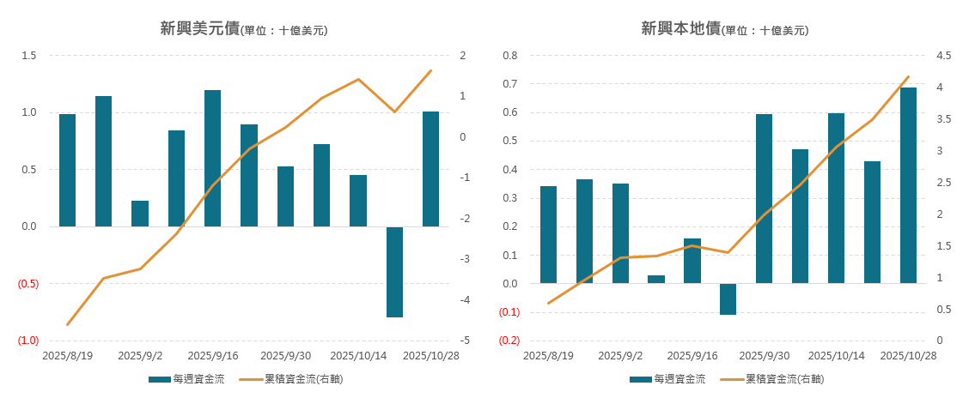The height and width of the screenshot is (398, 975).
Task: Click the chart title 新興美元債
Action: click(199, 28)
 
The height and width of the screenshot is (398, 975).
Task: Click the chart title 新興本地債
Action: click(680, 28)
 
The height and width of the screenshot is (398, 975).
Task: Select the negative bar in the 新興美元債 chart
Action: click(394, 272)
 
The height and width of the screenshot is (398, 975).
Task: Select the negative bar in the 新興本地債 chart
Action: click(728, 299)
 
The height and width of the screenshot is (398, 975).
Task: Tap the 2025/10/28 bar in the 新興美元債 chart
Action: click(430, 169)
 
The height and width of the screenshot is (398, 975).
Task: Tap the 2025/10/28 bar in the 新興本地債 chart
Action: click(908, 185)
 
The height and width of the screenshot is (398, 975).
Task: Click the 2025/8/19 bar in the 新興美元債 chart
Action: click(67, 170)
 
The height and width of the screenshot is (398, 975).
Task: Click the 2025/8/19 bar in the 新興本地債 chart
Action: click(548, 234)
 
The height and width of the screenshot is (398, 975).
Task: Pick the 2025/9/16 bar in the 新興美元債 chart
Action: click(212, 158)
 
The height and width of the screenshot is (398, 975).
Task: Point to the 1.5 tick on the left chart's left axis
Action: click(28, 56)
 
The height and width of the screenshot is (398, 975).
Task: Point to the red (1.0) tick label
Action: click(27, 341)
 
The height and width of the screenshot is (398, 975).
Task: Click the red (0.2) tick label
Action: click(509, 341)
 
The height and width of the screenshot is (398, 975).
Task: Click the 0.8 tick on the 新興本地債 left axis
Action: click(509, 56)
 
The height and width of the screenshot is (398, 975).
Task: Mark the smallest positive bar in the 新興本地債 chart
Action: click(655, 279)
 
